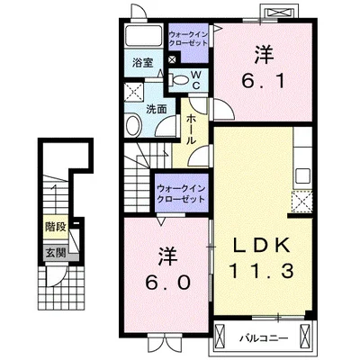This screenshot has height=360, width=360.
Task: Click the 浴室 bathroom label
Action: tap(143, 63)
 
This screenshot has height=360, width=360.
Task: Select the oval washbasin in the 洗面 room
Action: tap(133, 126)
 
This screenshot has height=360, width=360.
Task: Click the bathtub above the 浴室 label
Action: tap(143, 35)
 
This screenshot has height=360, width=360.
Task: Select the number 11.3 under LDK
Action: tap(261, 271)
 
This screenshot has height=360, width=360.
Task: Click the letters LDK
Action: tap(262, 245)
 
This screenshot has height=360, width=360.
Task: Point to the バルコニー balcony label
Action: tap(264, 338)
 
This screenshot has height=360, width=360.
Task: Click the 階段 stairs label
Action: tap(56, 227)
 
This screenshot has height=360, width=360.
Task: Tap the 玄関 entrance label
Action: tap(56, 254)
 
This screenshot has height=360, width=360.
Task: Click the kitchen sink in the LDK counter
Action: tap(302, 175)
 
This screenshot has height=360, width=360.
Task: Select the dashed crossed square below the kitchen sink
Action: tap(302, 202)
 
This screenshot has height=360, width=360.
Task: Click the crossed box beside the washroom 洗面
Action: tap(134, 90)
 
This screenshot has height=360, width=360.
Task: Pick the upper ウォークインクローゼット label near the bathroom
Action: tap(188, 39)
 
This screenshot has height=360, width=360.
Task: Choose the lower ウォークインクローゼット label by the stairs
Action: tap(181, 194)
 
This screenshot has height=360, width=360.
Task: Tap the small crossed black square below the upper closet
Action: tap(173, 59)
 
